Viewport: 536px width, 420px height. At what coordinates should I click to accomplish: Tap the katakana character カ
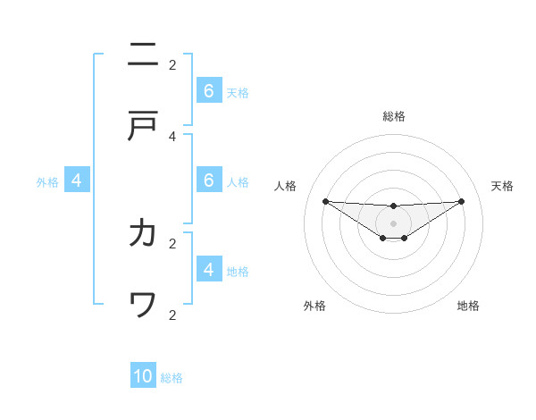pyautogui.click(x=143, y=233)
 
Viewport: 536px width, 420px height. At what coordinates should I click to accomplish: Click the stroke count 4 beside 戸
pyautogui.click(x=172, y=136)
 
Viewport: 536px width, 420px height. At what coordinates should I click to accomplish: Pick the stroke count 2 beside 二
pyautogui.click(x=172, y=64)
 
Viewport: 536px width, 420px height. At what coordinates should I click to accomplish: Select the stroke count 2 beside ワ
pyautogui.click(x=172, y=314)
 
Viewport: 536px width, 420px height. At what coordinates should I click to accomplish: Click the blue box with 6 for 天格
pyautogui.click(x=208, y=90)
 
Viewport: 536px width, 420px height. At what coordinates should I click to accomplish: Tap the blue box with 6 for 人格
pyautogui.click(x=208, y=181)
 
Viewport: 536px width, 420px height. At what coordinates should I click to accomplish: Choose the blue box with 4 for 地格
pyautogui.click(x=208, y=269)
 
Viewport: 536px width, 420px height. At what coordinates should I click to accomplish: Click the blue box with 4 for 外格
pyautogui.click(x=76, y=181)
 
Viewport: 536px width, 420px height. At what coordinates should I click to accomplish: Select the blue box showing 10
pyautogui.click(x=143, y=376)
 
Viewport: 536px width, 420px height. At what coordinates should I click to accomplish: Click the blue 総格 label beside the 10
pyautogui.click(x=172, y=378)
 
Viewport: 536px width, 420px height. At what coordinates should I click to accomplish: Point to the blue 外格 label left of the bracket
pyautogui.click(x=47, y=182)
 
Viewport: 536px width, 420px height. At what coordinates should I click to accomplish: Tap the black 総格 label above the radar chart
pyautogui.click(x=393, y=116)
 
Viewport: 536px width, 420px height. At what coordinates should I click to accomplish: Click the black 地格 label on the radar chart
pyautogui.click(x=468, y=306)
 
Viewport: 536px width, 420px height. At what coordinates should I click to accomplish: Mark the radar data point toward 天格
pyautogui.click(x=461, y=201)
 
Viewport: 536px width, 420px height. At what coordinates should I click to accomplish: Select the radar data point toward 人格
pyautogui.click(x=325, y=201)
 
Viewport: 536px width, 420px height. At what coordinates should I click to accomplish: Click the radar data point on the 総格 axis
pyautogui.click(x=393, y=206)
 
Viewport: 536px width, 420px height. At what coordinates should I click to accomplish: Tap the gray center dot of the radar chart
pyautogui.click(x=393, y=223)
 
